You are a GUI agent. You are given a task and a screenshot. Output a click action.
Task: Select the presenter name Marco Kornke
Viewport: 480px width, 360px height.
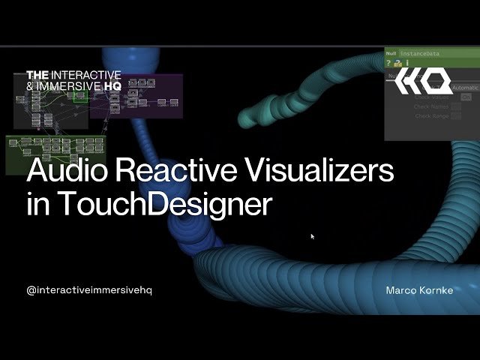point(419,290)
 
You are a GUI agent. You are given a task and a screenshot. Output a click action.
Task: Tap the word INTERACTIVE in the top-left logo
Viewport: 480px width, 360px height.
point(86,75)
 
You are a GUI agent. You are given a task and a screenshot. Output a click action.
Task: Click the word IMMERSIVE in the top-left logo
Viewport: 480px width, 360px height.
point(70,85)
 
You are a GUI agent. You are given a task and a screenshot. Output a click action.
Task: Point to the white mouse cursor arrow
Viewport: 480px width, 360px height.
point(313,236)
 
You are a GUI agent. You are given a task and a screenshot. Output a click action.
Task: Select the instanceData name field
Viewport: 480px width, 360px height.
point(420,54)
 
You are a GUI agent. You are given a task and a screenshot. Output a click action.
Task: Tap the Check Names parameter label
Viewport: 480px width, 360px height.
point(430,106)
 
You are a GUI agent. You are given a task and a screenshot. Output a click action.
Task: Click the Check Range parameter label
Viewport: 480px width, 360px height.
point(430,116)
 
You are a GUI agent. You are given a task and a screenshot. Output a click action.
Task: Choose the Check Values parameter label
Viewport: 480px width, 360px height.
point(430,97)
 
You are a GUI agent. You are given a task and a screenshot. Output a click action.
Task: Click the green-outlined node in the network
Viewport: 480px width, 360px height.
point(80,97)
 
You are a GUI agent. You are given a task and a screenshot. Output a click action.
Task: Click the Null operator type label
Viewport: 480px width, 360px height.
point(391,54)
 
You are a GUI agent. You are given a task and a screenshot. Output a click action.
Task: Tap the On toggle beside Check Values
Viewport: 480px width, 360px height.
point(466,97)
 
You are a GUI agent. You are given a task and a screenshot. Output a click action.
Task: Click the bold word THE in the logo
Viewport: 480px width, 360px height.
point(37,75)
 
